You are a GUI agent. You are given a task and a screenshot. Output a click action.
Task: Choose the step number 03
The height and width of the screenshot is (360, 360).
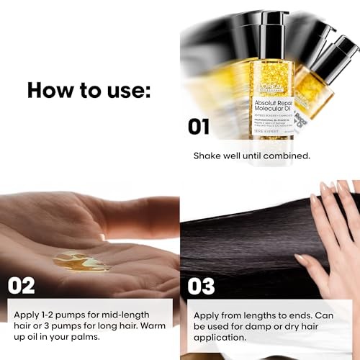coord(202,285)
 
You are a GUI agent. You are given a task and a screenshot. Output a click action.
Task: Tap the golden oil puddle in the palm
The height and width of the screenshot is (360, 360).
coord(81,260)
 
